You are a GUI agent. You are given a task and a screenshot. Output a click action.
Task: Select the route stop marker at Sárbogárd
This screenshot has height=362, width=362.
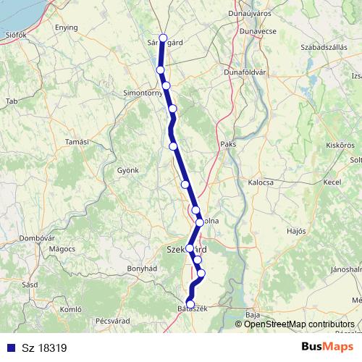[x=163, y=38]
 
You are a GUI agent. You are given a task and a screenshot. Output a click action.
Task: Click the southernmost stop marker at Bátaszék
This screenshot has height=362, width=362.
[x=190, y=305]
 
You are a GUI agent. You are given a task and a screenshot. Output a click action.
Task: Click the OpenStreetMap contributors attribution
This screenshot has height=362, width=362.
[x=299, y=324]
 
